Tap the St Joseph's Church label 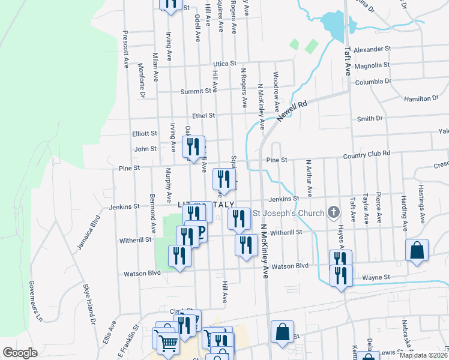coord(288,212)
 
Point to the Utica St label coord(226,63)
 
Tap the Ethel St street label coord(203,115)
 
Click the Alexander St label coord(372,49)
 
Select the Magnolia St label coord(372,65)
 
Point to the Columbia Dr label coord(373,81)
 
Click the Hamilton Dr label coord(417,98)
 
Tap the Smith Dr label coord(370,119)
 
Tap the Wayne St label coord(376,278)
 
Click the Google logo coord(19,353)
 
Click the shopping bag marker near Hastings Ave coord(417,251)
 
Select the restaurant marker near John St coord(193,148)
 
